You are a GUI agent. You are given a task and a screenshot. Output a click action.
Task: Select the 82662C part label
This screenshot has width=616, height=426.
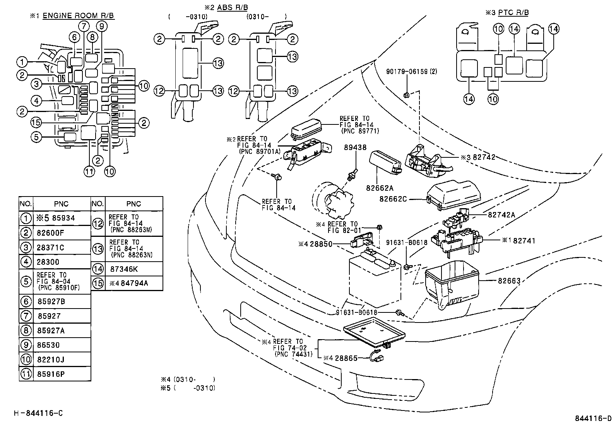(393, 199)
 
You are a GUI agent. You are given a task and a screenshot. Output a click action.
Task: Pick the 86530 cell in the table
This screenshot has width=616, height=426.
(48, 345)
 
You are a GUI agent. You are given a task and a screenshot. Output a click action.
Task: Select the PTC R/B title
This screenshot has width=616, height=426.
(513, 12)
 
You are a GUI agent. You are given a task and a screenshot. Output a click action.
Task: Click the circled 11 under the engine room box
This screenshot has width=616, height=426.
(89, 171)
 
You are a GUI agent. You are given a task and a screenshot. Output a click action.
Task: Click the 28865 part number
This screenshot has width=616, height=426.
(346, 358)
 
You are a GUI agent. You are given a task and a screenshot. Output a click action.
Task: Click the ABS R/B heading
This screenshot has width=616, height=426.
(232, 7)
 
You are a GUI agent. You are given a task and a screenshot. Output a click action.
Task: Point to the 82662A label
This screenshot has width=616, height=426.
(380, 188)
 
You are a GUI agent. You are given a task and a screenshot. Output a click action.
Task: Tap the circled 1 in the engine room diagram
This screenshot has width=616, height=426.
(22, 62)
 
